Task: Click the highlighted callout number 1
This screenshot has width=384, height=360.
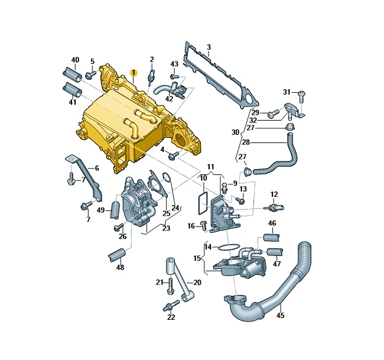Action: pos(134,73)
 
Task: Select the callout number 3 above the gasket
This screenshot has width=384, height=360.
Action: pos(209,47)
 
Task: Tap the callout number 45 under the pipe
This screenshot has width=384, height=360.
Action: pos(280,315)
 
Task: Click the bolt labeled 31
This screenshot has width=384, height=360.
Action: pos(301,93)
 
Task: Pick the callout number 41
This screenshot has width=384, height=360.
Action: pos(73,102)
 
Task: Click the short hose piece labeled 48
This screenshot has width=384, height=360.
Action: pos(116,255)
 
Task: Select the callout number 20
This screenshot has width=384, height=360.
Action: pos(197,283)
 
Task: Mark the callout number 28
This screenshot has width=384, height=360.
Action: pos(246,142)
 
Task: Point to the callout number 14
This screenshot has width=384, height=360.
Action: pos(207,246)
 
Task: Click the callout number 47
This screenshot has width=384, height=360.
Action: pos(276,263)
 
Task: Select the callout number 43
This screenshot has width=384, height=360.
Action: pos(174,64)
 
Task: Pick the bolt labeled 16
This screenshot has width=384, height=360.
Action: pos(203,225)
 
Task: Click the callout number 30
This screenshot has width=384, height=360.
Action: pos(236,132)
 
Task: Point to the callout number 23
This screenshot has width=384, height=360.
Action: pos(166,228)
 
